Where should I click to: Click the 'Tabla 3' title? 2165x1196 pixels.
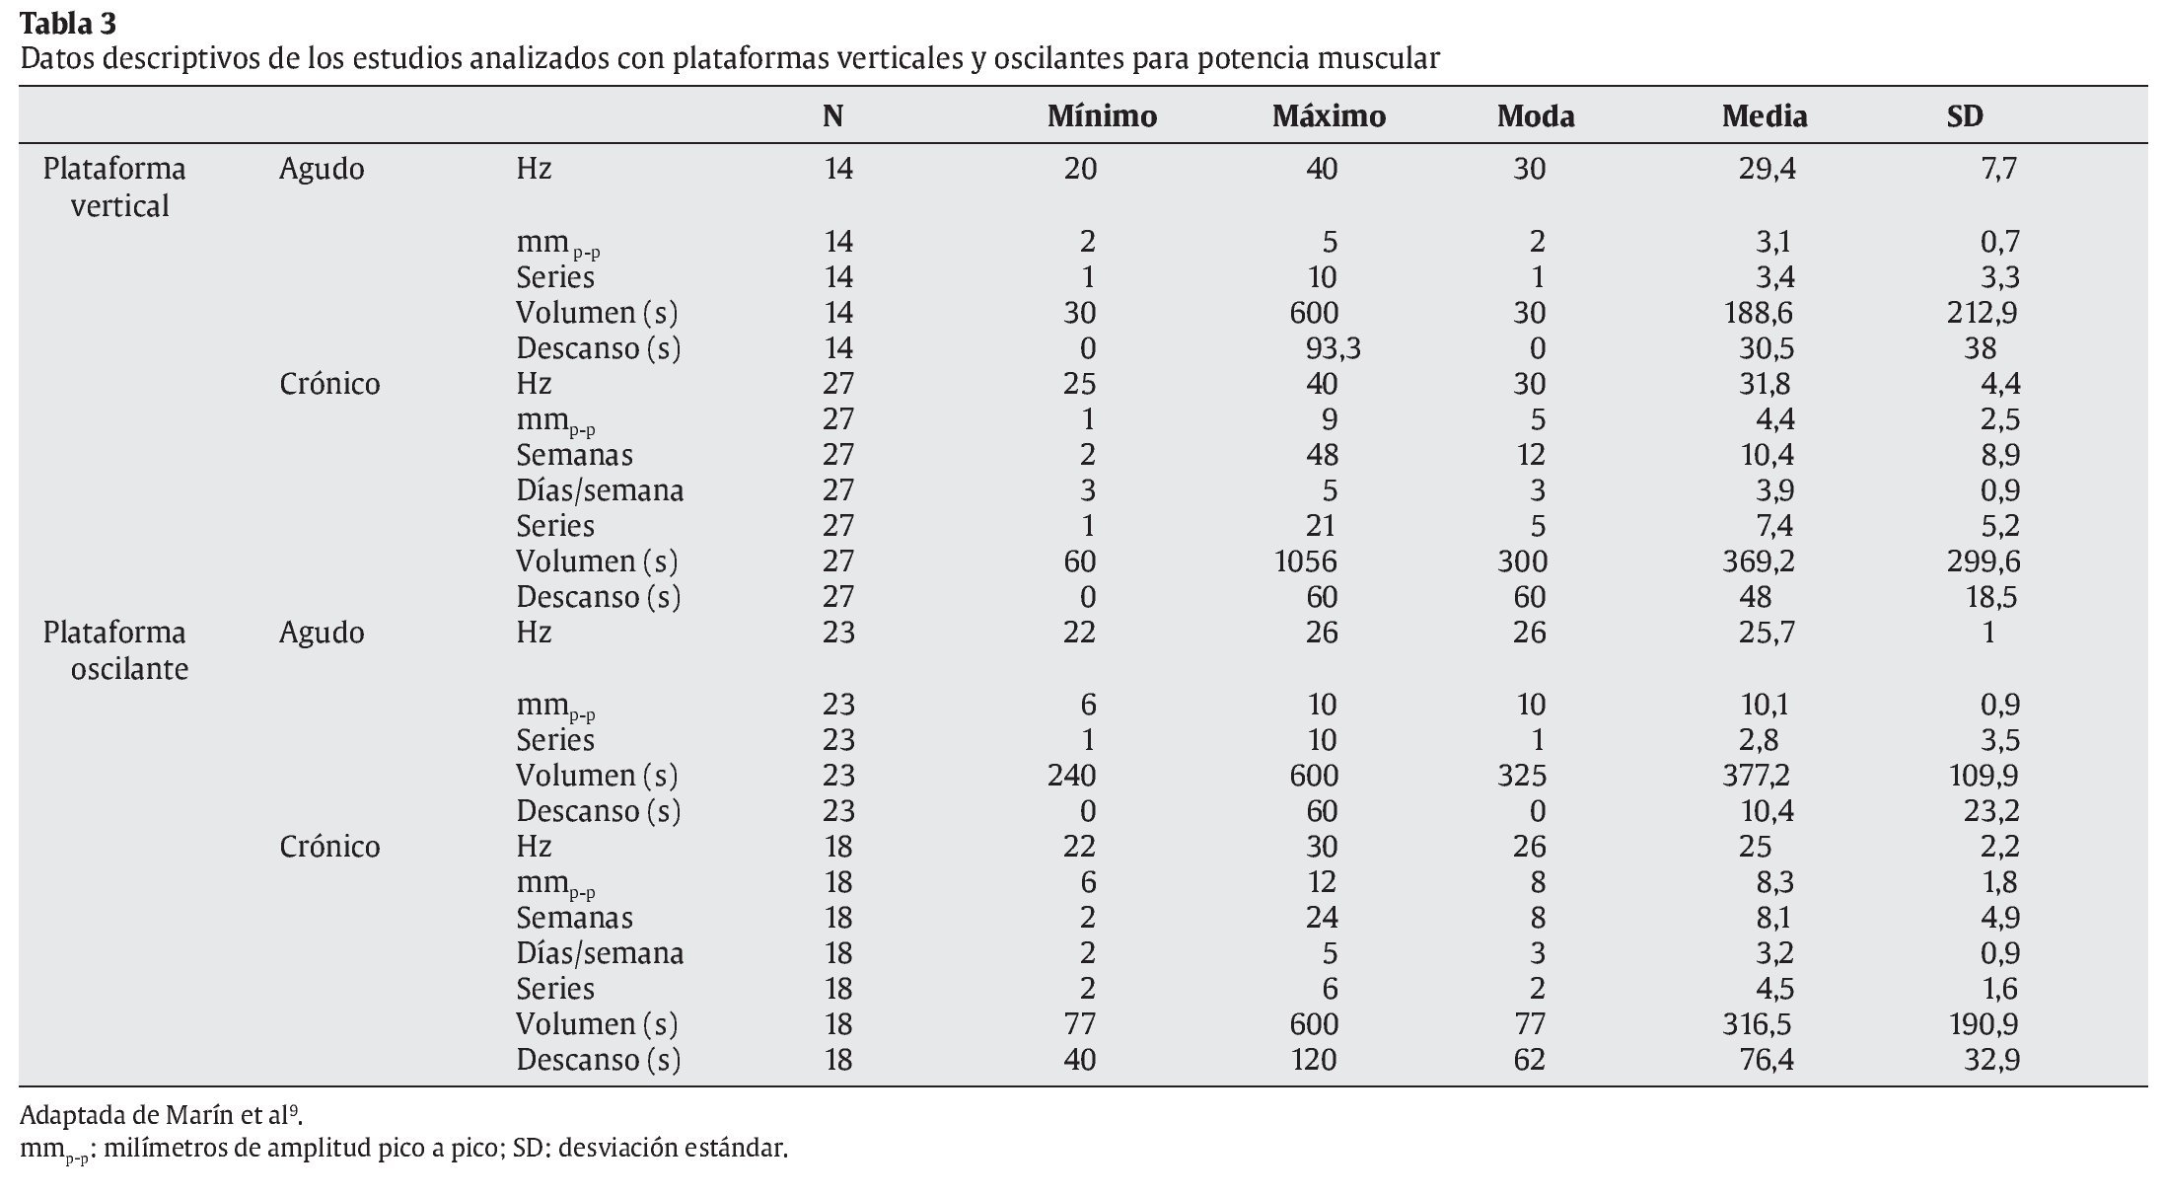(x=68, y=22)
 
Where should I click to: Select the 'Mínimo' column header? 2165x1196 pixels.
(x=1101, y=116)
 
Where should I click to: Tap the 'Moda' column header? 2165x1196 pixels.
(x=1535, y=116)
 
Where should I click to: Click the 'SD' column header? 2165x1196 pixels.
(x=1964, y=116)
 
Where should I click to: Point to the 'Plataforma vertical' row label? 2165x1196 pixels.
(x=114, y=187)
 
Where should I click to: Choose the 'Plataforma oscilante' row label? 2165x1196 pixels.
(x=114, y=649)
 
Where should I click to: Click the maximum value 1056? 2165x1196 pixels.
(x=1305, y=561)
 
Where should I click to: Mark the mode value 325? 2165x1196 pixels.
(x=1521, y=776)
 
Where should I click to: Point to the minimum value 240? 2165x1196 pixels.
(x=1072, y=776)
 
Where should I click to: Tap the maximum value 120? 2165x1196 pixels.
(x=1312, y=1060)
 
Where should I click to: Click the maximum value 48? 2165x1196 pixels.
(x=1322, y=455)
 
